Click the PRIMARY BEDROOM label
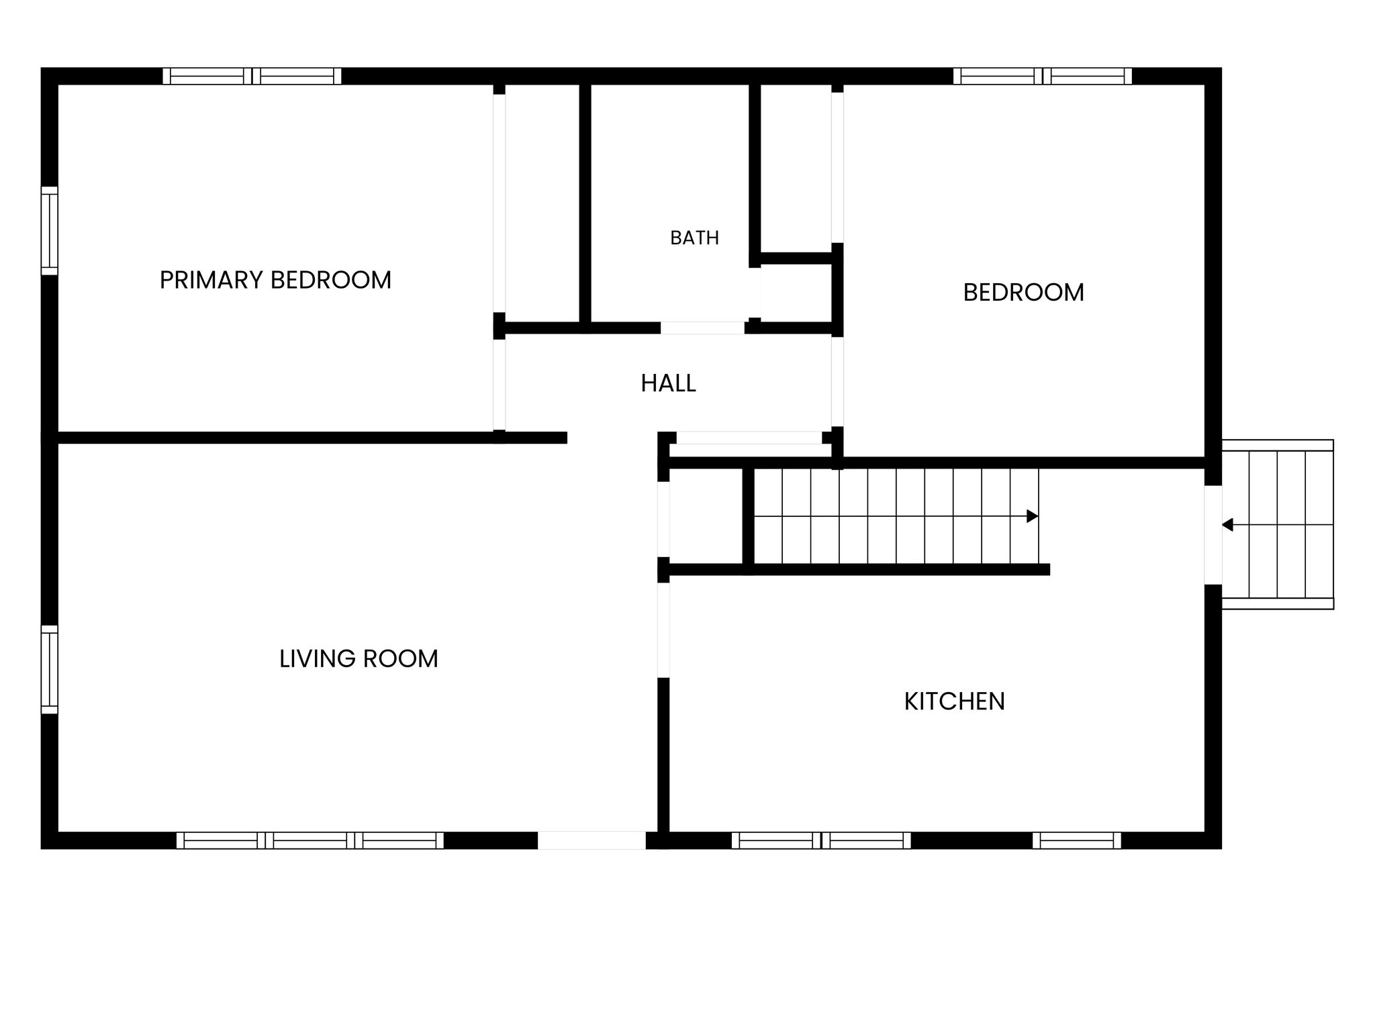275,280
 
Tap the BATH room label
694,238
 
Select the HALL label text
668,383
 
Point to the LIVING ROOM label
359,658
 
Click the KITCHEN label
954,701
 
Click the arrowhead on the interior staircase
1033,516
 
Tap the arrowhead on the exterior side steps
1227,525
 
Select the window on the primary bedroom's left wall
50,231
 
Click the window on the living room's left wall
50,669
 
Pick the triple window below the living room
310,840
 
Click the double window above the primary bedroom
252,76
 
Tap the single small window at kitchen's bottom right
1077,840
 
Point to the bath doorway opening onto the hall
702,328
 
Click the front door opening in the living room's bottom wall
591,840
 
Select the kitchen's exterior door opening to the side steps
1213,535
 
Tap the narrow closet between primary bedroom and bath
542,203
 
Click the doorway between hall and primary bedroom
499,385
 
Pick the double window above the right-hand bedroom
1043,76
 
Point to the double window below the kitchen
821,840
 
